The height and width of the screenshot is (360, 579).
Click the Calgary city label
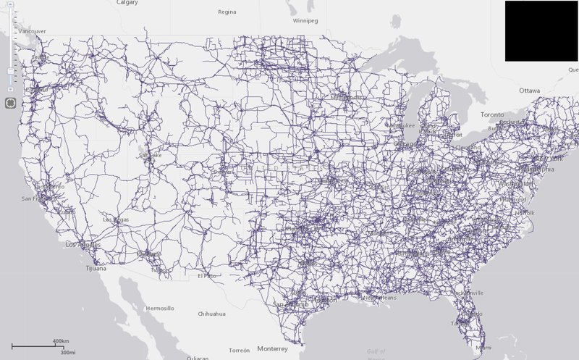127,2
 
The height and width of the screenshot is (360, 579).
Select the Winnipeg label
305,21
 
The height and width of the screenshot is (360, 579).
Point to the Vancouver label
33,31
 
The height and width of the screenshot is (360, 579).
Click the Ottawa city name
530,91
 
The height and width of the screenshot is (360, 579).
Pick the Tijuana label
93,268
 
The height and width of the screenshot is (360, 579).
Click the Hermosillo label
159,308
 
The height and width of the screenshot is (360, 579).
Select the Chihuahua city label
212,314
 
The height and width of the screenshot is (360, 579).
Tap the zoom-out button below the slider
10,89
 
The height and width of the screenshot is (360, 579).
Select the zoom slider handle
10,70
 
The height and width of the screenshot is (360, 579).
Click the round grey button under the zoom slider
10,103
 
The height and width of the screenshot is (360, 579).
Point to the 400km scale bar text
61,340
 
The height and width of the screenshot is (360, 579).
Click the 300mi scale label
68,353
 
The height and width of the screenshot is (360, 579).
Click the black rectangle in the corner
541,31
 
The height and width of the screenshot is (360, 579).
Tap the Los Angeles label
81,245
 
